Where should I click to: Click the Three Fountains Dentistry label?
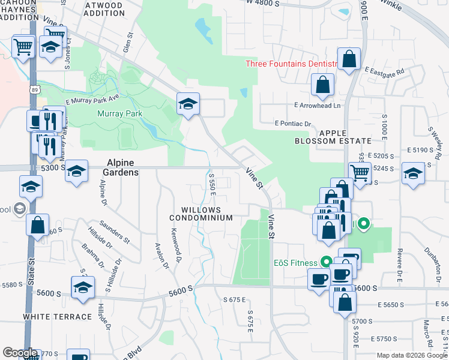pos(285,64)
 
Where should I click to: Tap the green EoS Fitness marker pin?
pos(326,262)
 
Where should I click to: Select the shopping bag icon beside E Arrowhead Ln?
pos(323,85)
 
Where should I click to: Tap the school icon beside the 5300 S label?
pos(76,170)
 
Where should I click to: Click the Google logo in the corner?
pos(20,353)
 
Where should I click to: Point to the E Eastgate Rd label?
pos(384,70)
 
